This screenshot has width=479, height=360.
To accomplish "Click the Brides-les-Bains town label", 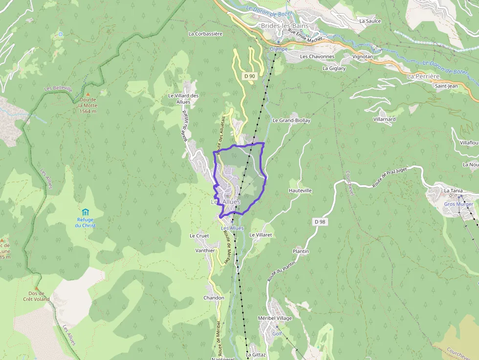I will (283, 25).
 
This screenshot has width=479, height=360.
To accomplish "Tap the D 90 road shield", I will (250, 76).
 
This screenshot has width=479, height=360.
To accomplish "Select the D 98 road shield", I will (320, 222).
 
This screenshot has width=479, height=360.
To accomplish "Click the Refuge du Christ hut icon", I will (86, 212).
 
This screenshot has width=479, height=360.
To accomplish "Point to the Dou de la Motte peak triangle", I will (88, 94).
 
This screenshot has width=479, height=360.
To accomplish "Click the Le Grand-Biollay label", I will (291, 120).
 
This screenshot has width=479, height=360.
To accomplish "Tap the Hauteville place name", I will (300, 191).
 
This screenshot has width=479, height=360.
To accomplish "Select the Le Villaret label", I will (260, 235).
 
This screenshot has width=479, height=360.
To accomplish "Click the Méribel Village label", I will (275, 318).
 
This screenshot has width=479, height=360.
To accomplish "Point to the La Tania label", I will (453, 190).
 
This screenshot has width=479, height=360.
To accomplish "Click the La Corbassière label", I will (205, 34).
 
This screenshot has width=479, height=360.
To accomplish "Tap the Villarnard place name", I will (384, 119).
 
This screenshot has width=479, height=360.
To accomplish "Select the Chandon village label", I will (214, 298).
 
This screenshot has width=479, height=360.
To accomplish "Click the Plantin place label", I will (301, 252).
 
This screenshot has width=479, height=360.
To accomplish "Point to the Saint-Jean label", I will (446, 86).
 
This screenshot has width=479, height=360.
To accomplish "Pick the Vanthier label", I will (205, 251).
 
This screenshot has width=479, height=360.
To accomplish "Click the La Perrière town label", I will (423, 77).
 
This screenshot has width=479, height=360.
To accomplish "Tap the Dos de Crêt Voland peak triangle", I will (36, 288).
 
